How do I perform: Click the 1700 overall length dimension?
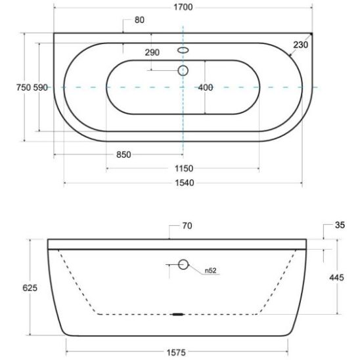coord(183,7)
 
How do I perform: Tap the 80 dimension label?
coord(139,20)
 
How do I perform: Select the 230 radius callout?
coord(300,45)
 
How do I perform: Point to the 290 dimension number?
coord(152,53)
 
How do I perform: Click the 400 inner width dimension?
coord(205,87)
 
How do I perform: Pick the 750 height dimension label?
coord(24,87)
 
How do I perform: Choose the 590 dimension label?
coord(41,87)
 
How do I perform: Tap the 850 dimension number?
coord(124,154)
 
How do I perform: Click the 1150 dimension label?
coord(184,169)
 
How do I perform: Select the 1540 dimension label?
coord(185,183)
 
